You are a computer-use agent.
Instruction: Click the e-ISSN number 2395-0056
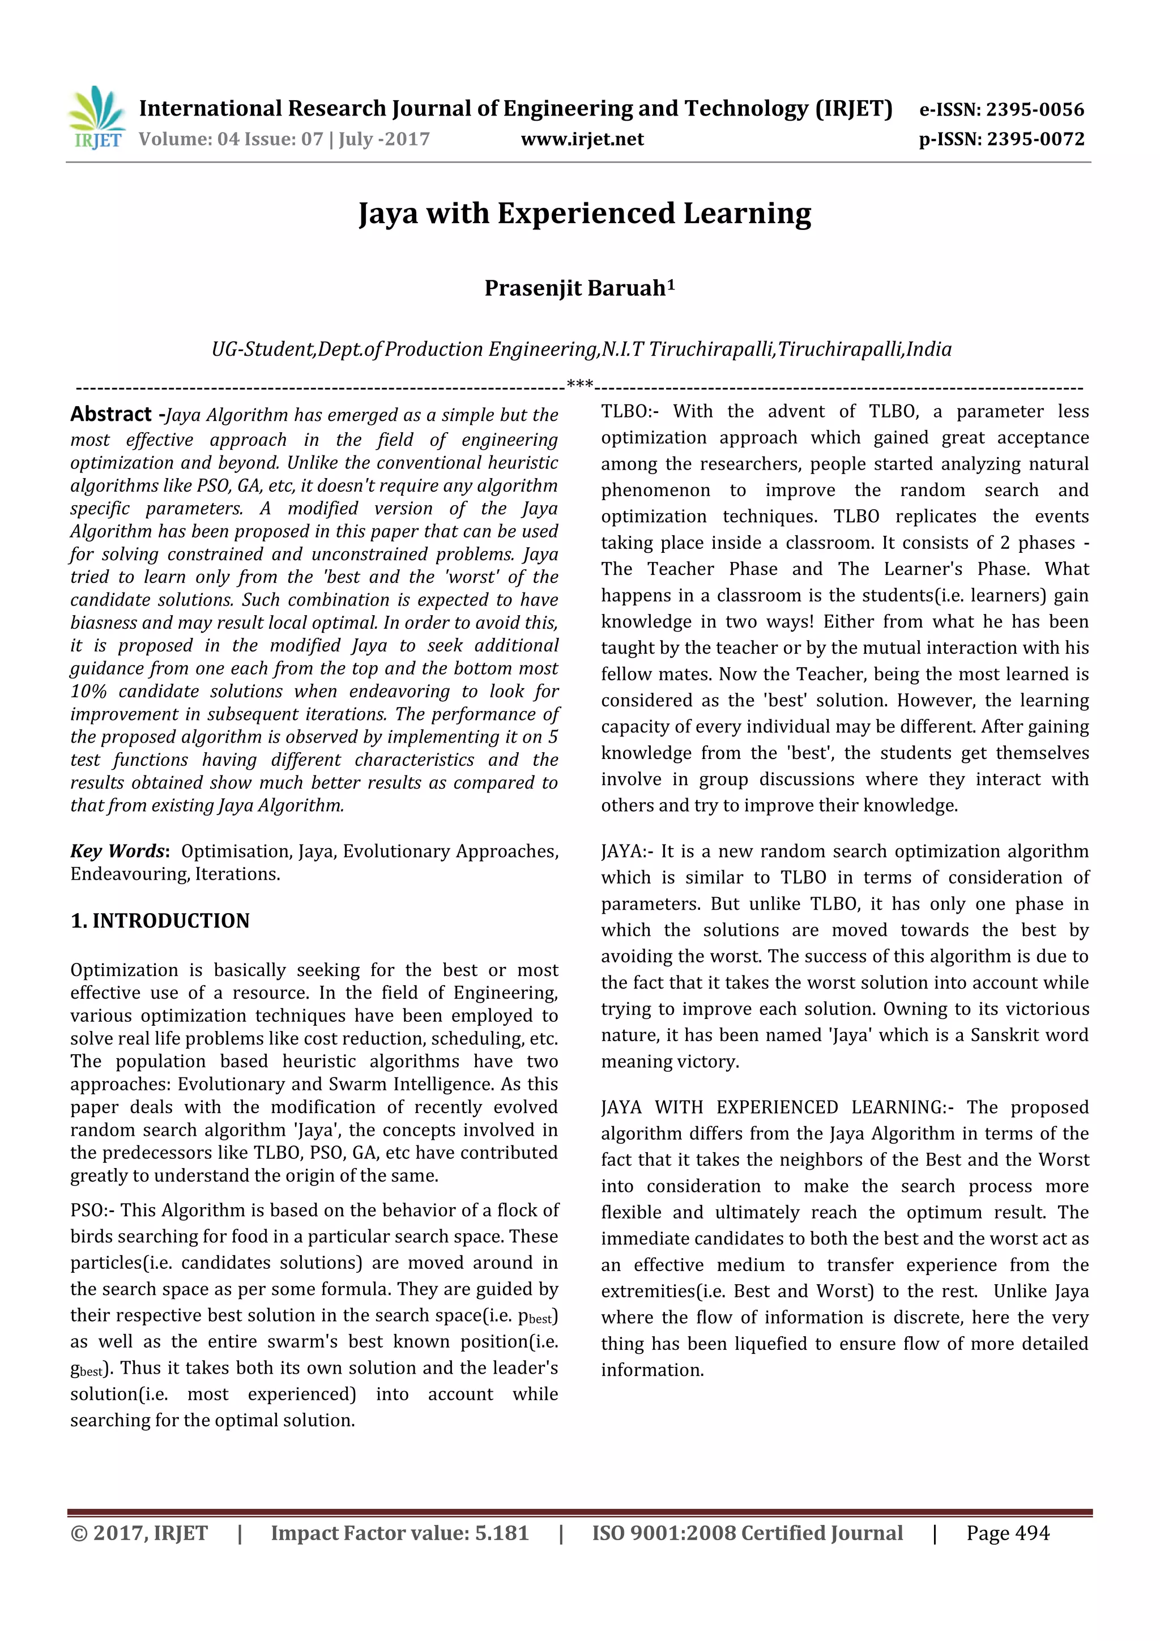1035,109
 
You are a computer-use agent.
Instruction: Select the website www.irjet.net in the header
582,139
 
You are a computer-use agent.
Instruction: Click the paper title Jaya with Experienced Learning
584,214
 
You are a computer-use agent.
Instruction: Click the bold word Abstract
111,415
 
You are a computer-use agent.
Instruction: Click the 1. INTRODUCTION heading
160,920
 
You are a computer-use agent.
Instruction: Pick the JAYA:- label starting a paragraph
627,851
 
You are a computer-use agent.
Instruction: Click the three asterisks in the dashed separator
579,385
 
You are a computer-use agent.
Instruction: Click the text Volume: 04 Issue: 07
231,139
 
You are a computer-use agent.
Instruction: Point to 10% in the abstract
88,691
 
